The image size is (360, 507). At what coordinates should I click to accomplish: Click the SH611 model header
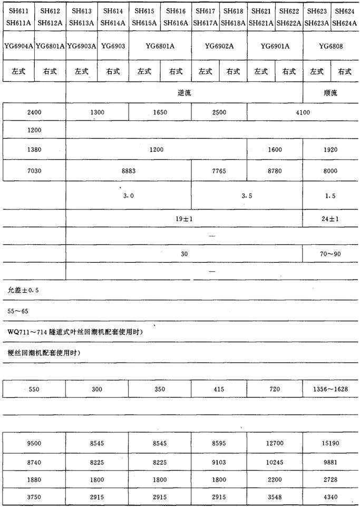18,11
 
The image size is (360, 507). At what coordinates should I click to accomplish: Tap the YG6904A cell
18,46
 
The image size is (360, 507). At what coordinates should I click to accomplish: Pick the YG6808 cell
331,46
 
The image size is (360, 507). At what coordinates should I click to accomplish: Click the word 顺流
330,93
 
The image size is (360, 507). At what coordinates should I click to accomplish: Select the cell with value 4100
303,112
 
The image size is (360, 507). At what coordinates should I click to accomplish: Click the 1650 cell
160,112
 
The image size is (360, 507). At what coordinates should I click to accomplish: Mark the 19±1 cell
184,218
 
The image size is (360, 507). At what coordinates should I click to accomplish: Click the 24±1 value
330,218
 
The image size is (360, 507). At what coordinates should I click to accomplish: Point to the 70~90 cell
330,254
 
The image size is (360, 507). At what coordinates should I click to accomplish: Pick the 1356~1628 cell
330,389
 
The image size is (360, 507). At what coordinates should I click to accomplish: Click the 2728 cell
330,480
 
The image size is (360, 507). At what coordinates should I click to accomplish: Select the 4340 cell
330,497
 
